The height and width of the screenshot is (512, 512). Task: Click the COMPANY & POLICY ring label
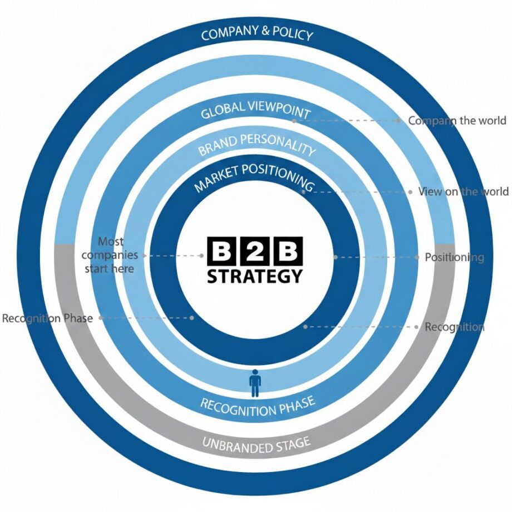click(257, 35)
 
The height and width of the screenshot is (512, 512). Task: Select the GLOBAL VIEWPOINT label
click(255, 111)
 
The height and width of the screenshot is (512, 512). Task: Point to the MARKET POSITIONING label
click(253, 178)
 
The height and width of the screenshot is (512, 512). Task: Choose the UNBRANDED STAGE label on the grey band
click(255, 444)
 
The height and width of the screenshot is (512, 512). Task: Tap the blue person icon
click(255, 382)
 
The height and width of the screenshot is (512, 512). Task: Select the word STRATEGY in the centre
click(255, 275)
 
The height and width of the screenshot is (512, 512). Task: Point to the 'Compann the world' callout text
click(457, 120)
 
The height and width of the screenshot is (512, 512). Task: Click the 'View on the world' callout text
click(463, 191)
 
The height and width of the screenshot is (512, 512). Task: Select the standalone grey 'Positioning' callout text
click(454, 258)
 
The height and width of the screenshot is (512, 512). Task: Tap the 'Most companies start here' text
click(110, 255)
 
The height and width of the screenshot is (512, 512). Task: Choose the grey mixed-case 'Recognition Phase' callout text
click(47, 319)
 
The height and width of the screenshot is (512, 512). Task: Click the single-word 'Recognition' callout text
click(454, 327)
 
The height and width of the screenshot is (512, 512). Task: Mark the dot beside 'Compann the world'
click(398, 120)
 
